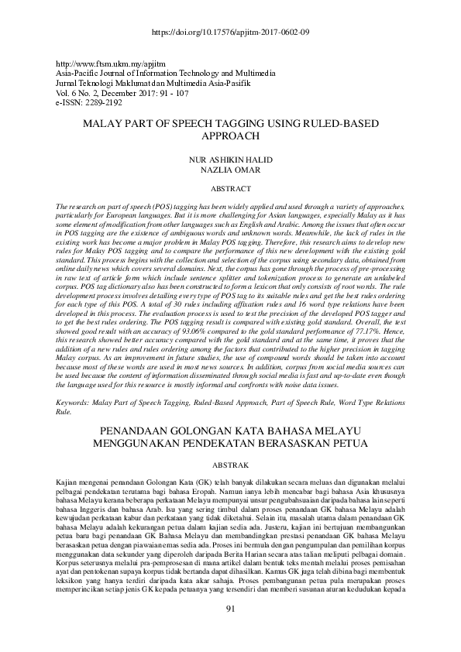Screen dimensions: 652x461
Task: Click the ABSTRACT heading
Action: point(230,189)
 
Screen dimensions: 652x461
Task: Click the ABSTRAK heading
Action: point(230,465)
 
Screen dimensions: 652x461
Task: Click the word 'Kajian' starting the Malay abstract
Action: point(69,482)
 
